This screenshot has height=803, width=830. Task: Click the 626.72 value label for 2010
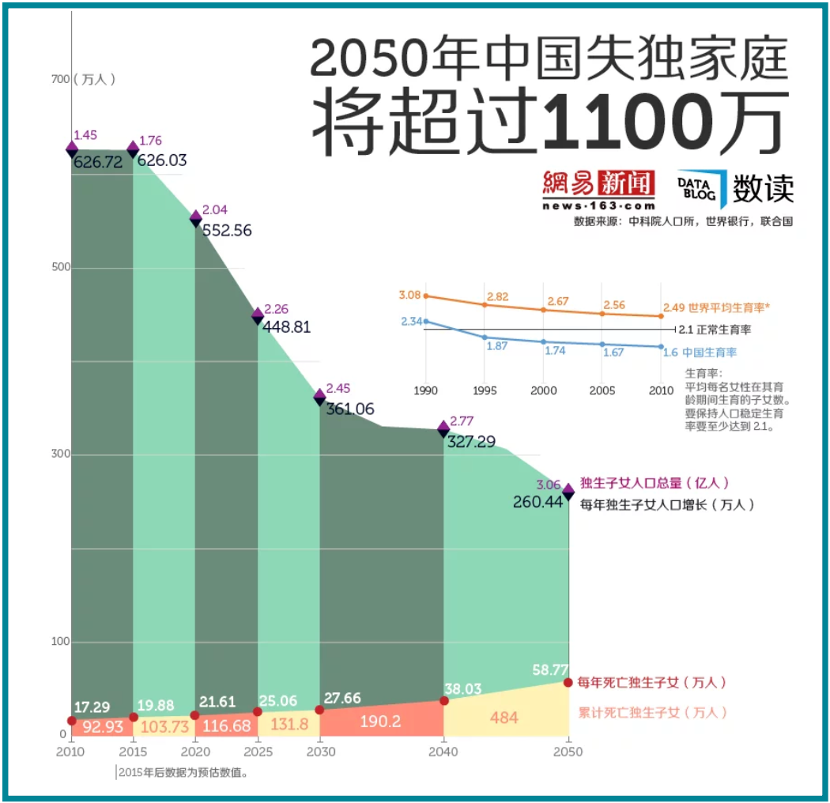click(x=97, y=162)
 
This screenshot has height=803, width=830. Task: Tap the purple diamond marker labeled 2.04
click(x=195, y=217)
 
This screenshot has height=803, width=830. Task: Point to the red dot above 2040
click(x=444, y=700)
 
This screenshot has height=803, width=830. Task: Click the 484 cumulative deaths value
click(x=504, y=718)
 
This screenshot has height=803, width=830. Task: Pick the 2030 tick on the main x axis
click(x=319, y=752)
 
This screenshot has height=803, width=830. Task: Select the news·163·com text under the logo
click(x=598, y=205)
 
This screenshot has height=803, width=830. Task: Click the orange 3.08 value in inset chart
click(x=409, y=296)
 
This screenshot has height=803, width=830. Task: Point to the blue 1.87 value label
click(x=496, y=346)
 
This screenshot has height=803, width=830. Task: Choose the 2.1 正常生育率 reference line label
click(x=715, y=330)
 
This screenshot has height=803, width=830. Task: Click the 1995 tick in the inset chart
click(x=485, y=390)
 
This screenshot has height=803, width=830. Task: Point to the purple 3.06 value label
click(x=548, y=484)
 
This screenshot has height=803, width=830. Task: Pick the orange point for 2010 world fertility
click(x=661, y=316)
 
